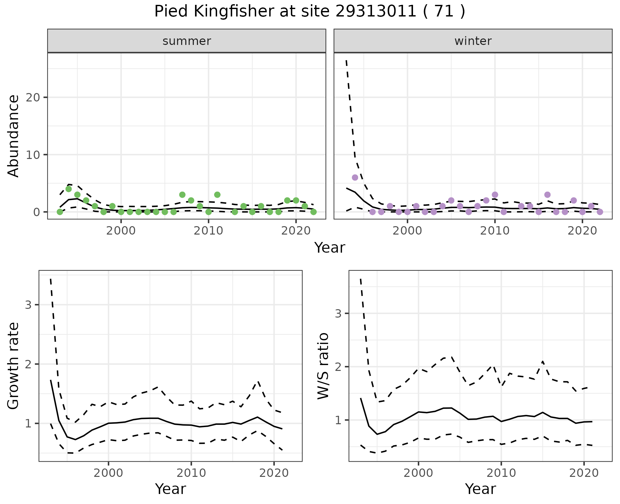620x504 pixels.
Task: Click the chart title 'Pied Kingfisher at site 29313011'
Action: (x=309, y=12)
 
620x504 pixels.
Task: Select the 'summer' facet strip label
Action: (x=187, y=41)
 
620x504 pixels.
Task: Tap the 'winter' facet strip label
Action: (x=473, y=41)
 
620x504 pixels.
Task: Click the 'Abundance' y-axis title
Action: (x=14, y=136)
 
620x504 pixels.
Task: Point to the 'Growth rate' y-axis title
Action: (x=14, y=366)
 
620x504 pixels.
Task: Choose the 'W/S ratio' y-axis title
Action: (x=323, y=366)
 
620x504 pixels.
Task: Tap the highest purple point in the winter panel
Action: (x=355, y=177)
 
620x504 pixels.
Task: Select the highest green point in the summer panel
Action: (x=68, y=189)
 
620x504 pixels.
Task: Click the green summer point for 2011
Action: (x=217, y=194)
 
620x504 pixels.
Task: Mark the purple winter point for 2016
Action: (x=547, y=194)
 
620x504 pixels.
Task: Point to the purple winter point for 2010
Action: (x=495, y=194)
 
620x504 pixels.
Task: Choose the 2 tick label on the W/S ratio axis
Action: (x=338, y=367)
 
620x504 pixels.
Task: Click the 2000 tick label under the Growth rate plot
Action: (x=108, y=473)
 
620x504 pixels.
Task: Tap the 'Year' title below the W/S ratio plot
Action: (x=480, y=489)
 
